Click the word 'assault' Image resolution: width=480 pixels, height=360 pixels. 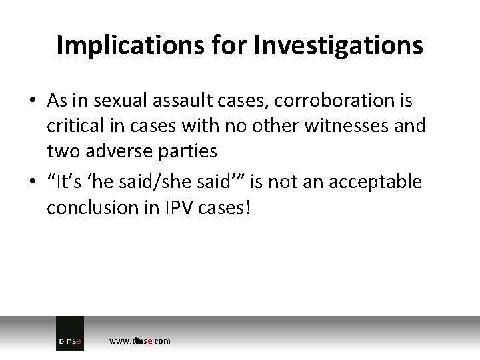point(173,101)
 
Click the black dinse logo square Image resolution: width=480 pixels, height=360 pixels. point(70,333)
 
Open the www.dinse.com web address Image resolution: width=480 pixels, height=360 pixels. point(139,341)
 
